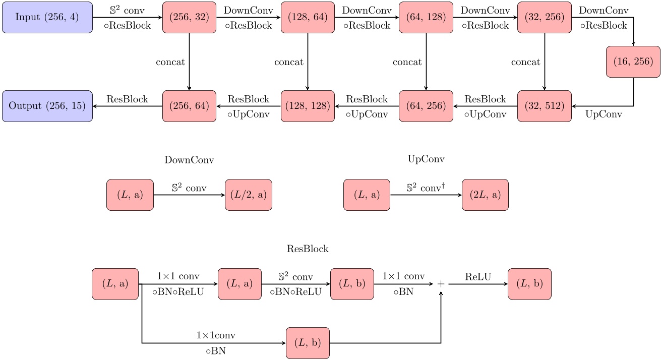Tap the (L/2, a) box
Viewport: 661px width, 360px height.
tap(248, 195)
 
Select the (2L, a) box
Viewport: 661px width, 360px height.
tap(485, 195)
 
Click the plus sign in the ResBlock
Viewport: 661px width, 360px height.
tap(441, 284)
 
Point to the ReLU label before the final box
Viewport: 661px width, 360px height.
tap(478, 276)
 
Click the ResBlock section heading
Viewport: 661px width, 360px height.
tap(308, 249)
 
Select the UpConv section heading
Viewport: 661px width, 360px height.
tap(426, 159)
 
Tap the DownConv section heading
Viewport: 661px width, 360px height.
tap(189, 160)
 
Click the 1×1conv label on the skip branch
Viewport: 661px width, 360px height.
tap(215, 335)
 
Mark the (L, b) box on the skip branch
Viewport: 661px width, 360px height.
tap(308, 343)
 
